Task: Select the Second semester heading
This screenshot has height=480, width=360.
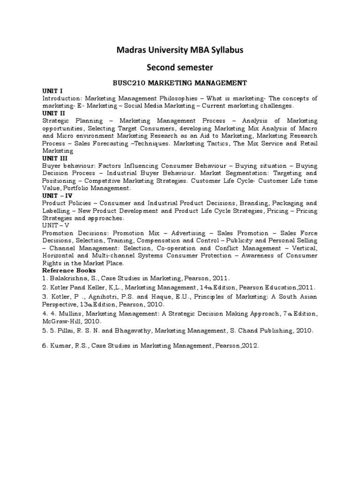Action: coord(180,68)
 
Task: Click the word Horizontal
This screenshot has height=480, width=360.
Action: coord(59,256)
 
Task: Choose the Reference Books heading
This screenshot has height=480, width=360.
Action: coord(69,270)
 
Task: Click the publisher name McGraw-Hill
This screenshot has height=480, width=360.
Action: coord(62,322)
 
